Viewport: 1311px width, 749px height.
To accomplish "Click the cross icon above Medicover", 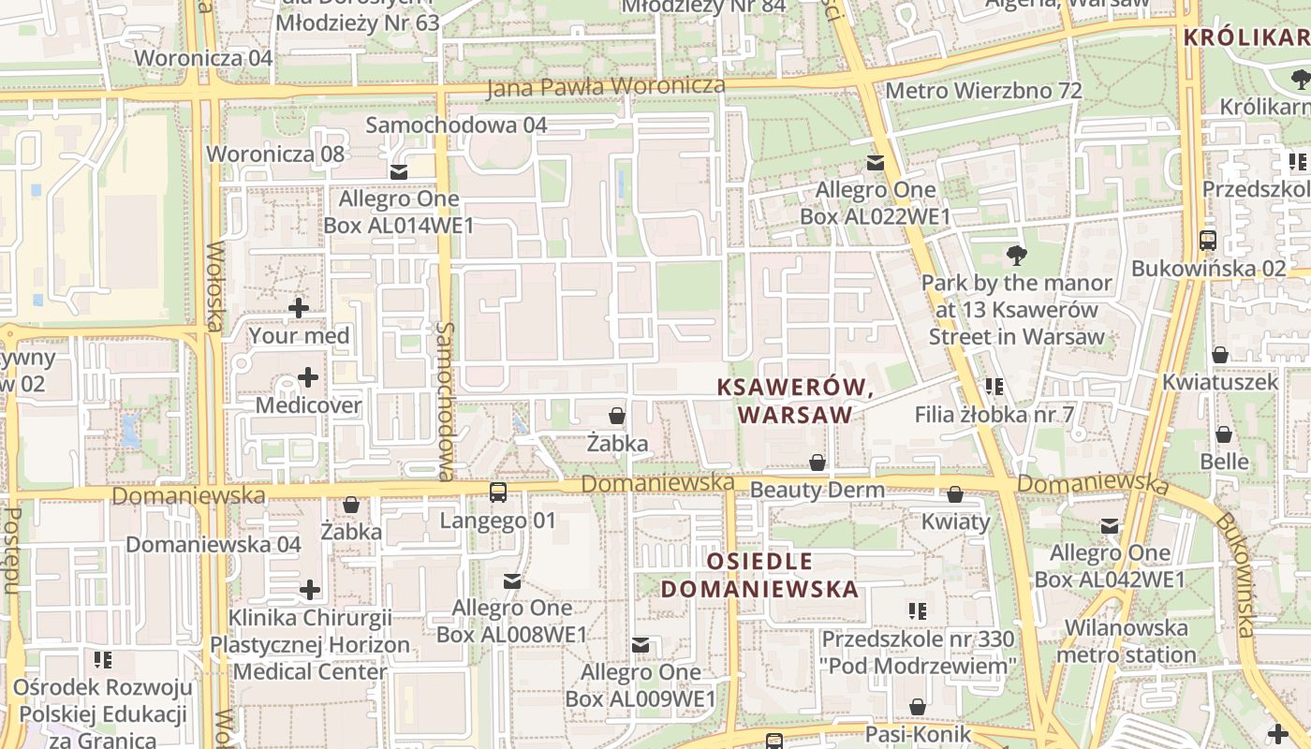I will (x=307, y=377).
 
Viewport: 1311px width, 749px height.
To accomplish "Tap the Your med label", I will (x=299, y=335).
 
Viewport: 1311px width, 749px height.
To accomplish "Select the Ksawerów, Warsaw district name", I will (x=795, y=401).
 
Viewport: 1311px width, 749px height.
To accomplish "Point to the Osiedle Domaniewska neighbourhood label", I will (x=759, y=575).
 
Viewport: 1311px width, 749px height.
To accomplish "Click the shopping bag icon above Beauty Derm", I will (x=818, y=463).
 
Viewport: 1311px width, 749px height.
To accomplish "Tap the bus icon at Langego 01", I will (x=498, y=492).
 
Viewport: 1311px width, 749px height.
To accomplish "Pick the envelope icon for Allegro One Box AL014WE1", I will (x=399, y=171).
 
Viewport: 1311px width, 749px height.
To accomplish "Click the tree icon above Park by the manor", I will (x=1015, y=255).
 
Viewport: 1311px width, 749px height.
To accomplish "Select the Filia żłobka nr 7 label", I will (x=994, y=414).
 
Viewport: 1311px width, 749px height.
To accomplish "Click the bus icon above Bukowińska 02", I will (x=1208, y=241).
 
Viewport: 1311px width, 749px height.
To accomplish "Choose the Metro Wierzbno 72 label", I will (x=983, y=91).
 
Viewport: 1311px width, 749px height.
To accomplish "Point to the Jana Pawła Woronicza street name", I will (x=606, y=86).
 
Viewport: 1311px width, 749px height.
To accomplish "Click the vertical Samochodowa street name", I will (x=446, y=401).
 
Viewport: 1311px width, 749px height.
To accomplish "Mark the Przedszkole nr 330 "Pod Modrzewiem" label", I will (x=919, y=653).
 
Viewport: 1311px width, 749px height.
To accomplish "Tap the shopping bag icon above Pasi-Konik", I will (x=918, y=707).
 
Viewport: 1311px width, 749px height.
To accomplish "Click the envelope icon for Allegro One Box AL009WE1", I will (x=641, y=645).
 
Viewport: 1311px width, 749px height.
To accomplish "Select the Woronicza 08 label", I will (x=275, y=154).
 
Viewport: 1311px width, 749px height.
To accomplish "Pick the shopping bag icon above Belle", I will (x=1224, y=434).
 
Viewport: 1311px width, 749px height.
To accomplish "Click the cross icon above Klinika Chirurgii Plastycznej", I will (x=310, y=590).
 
